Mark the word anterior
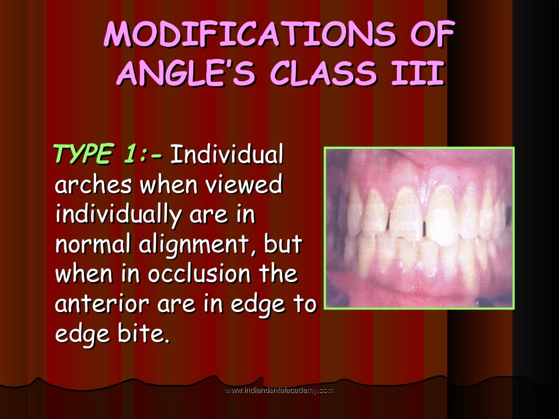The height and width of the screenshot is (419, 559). click(x=99, y=304)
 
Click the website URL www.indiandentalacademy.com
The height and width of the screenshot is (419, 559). click(x=279, y=391)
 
